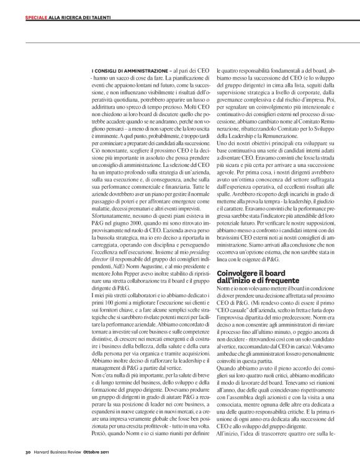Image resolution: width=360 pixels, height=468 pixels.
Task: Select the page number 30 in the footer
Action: (x=28, y=451)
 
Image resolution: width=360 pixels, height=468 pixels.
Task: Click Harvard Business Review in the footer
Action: (x=60, y=451)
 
